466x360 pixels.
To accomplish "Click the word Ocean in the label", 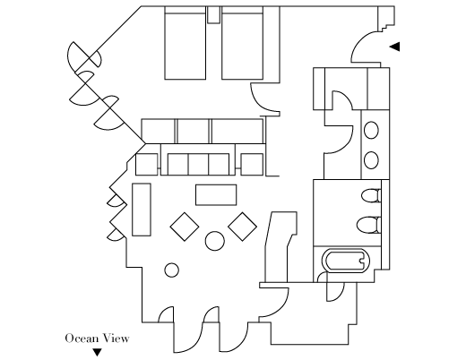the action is pyautogui.click(x=82, y=339).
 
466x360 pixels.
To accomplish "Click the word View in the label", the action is pyautogui.click(x=116, y=339).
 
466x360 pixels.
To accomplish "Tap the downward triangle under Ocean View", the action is pyautogui.click(x=97, y=352).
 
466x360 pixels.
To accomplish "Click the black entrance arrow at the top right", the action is pyautogui.click(x=395, y=47).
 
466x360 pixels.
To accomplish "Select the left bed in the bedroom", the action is pyautogui.click(x=186, y=43).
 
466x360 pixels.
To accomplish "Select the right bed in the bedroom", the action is pyautogui.click(x=242, y=43).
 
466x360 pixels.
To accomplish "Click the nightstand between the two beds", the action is pyautogui.click(x=213, y=14).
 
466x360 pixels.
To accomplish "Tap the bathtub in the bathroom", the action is pyautogui.click(x=346, y=261).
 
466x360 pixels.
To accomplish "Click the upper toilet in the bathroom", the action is pyautogui.click(x=371, y=195).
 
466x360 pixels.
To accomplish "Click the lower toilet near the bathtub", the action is pyautogui.click(x=369, y=225).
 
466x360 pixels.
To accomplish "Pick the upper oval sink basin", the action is pyautogui.click(x=371, y=130).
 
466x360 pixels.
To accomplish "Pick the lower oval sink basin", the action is pyautogui.click(x=371, y=160).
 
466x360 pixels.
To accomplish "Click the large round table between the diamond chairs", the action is pyautogui.click(x=215, y=241).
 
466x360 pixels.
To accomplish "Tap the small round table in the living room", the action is pyautogui.click(x=171, y=270).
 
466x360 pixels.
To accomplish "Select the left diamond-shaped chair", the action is pyautogui.click(x=185, y=227).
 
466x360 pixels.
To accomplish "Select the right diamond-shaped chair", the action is pyautogui.click(x=242, y=227).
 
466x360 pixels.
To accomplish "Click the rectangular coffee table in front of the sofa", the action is pyautogui.click(x=216, y=195).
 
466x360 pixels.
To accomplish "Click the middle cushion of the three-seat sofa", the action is pyautogui.click(x=198, y=164).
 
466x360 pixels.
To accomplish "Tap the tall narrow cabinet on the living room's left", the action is pyautogui.click(x=142, y=210).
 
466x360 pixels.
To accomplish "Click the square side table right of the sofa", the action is pyautogui.click(x=252, y=164).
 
